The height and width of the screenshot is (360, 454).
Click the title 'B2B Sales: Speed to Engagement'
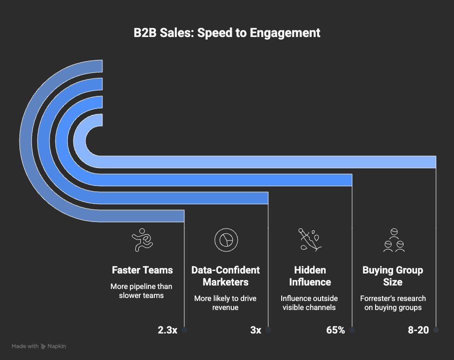tap(227, 33)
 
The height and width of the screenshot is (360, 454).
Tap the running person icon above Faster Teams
tap(142, 240)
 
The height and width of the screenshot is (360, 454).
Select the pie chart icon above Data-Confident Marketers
tap(226, 239)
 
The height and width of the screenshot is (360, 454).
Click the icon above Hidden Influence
tap(309, 239)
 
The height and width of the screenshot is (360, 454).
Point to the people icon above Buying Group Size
tap(393, 240)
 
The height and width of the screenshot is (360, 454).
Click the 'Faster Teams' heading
tap(142, 270)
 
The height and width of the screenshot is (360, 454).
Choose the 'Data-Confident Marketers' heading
tap(226, 276)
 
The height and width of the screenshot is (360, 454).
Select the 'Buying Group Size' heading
tap(393, 276)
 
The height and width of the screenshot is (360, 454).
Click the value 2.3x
tap(167, 330)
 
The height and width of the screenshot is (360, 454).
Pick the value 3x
tap(256, 330)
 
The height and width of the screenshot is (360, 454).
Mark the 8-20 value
tap(419, 330)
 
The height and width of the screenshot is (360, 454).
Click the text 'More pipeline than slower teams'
tap(142, 291)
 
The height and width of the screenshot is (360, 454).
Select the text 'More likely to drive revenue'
tap(226, 303)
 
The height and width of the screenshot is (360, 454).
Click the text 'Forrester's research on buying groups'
tap(393, 303)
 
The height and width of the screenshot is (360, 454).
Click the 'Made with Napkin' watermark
tap(39, 346)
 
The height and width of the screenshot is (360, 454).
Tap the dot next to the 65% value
tap(352, 330)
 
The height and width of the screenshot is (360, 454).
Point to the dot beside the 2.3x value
tap(184, 330)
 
